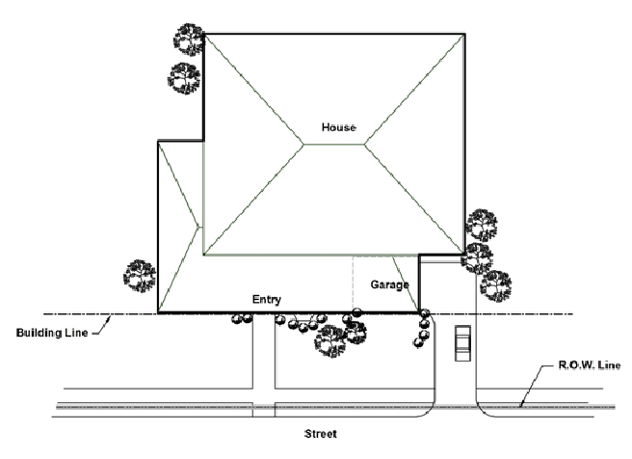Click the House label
click(x=339, y=128)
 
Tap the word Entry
click(x=267, y=300)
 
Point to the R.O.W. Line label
click(x=581, y=366)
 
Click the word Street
click(x=321, y=434)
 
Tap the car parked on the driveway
click(x=462, y=342)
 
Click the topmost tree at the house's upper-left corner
click(x=188, y=40)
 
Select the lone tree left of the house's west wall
click(x=140, y=275)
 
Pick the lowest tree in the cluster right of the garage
click(x=495, y=284)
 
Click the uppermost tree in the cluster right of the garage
click(x=481, y=224)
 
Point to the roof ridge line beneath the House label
click(x=334, y=145)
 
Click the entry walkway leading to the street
click(x=264, y=366)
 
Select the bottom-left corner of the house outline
click(x=158, y=313)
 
